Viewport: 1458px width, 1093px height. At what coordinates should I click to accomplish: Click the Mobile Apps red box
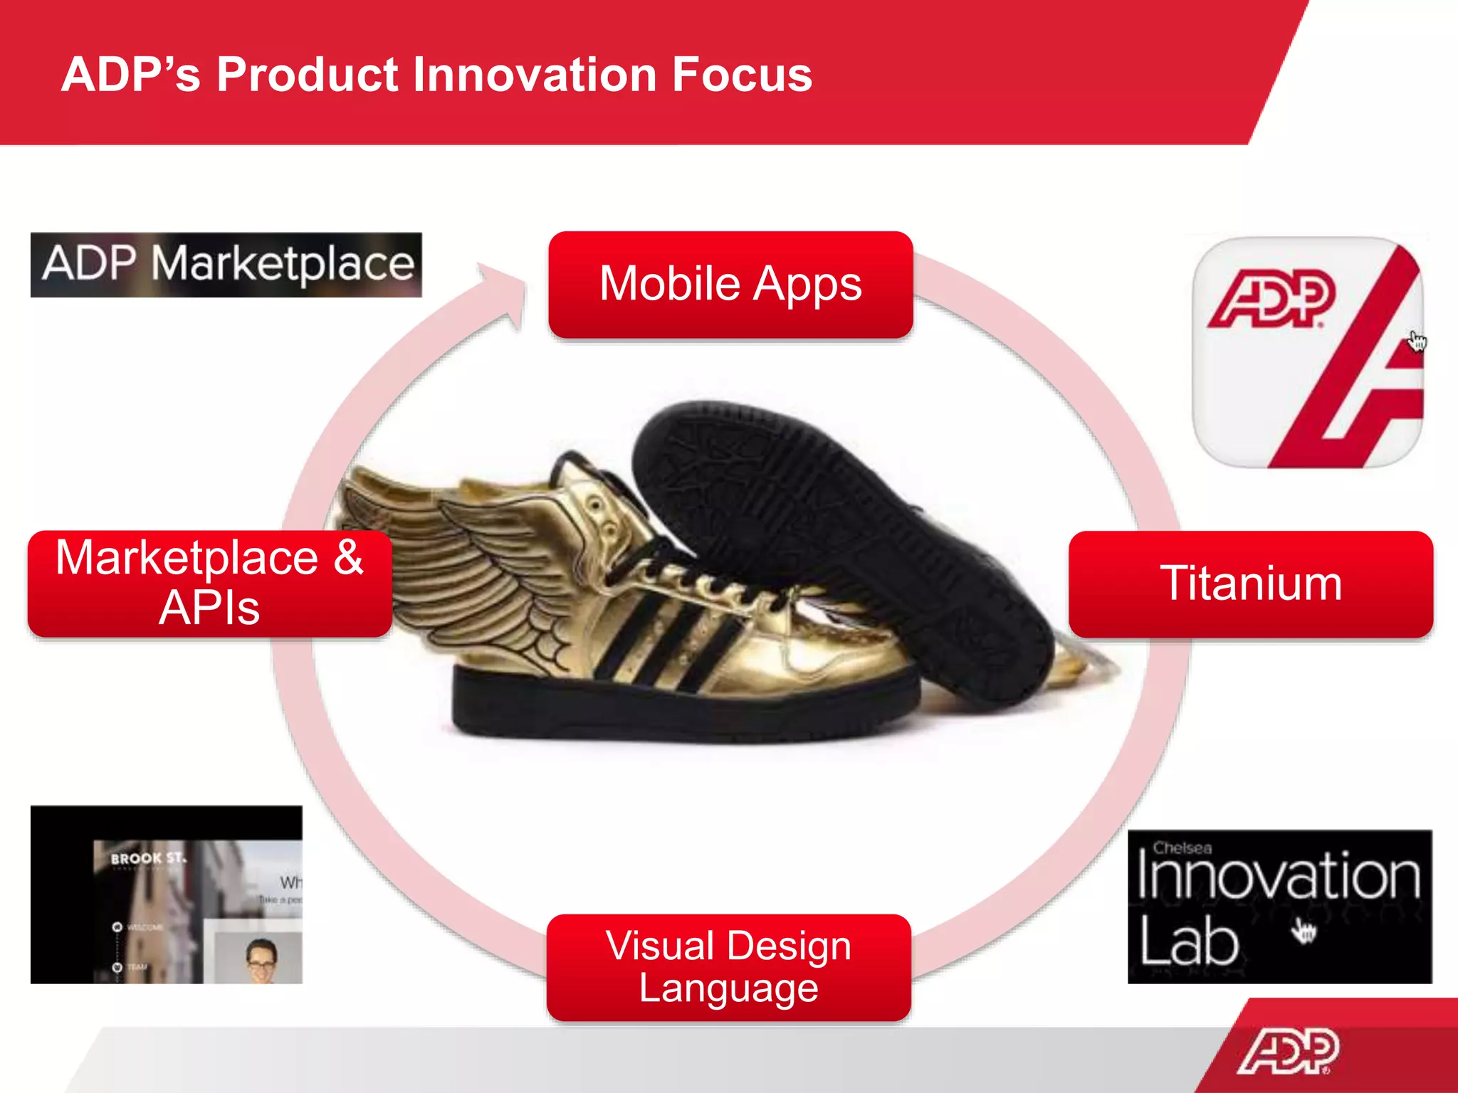(730, 284)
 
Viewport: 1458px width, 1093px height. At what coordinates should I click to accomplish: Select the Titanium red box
(1250, 584)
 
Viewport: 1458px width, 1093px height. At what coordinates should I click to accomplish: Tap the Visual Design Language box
(728, 966)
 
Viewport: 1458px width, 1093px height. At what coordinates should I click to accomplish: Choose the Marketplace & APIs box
(209, 583)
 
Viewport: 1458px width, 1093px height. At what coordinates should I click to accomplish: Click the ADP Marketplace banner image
(226, 264)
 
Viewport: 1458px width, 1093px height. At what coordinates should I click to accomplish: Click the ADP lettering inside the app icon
(1271, 299)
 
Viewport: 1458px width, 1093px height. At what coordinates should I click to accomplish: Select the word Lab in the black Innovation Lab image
(1189, 941)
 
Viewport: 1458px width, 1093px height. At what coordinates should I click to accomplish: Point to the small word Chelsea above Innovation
(1182, 848)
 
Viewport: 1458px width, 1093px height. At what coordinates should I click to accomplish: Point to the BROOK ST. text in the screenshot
(148, 858)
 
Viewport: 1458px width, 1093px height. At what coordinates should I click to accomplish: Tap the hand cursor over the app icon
(1417, 341)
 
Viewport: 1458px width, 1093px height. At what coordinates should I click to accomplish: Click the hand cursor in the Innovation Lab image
(1304, 930)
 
